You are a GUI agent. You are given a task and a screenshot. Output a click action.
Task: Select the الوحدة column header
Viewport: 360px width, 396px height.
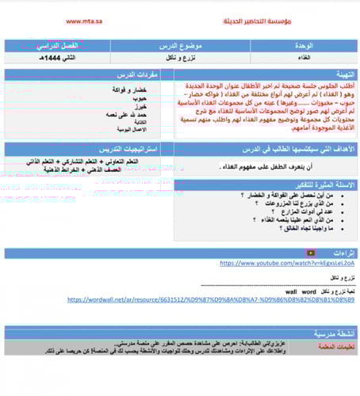pyautogui.click(x=304, y=47)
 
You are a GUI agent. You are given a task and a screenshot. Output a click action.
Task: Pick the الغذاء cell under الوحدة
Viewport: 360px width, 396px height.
pyautogui.click(x=304, y=59)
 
